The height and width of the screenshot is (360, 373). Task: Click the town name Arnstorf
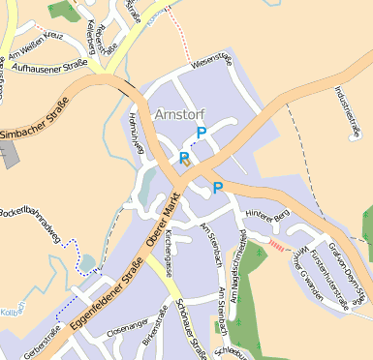(178, 114)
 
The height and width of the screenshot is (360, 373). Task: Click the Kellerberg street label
(91, 30)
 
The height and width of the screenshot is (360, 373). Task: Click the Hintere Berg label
(267, 212)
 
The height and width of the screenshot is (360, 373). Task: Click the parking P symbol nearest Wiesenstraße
(202, 133)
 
